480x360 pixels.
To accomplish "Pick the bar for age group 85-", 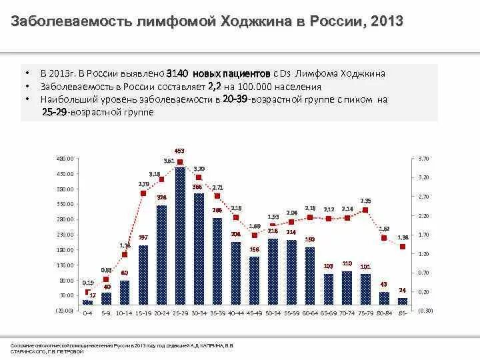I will point(402,301).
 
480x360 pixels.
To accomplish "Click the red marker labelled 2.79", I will point(143,193).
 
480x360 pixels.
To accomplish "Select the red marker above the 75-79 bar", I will point(365,210).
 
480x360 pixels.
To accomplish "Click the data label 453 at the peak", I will point(180,150).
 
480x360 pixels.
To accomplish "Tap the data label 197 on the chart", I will point(143,237).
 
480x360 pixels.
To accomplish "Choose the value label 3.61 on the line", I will point(169,161).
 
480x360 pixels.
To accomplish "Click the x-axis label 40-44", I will point(235,312).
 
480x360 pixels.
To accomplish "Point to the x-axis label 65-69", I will point(328,312).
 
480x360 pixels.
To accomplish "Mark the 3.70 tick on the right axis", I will point(423,159).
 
